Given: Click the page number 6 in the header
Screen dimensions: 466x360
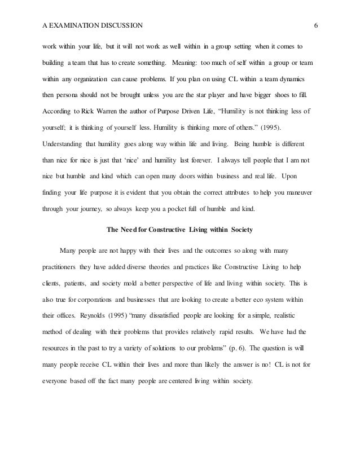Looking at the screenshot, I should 316,25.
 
